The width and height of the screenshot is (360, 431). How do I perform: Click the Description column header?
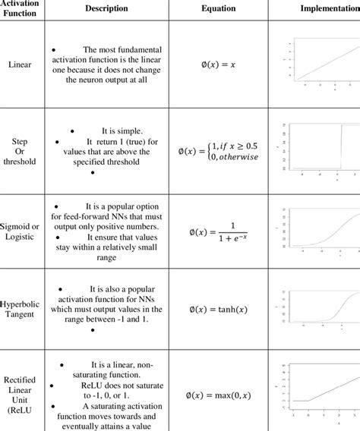pyautogui.click(x=106, y=8)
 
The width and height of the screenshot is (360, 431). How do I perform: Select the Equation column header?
pyautogui.click(x=218, y=8)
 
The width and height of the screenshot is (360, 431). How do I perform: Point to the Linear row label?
pyautogui.click(x=20, y=64)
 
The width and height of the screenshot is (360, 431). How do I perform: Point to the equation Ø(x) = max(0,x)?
pyautogui.click(x=218, y=395)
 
